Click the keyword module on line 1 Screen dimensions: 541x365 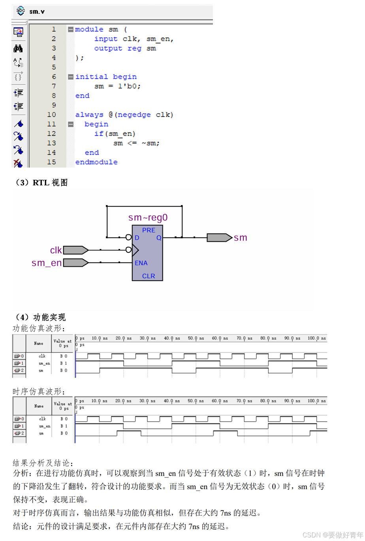click(x=89, y=29)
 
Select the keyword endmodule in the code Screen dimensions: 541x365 click(x=96, y=162)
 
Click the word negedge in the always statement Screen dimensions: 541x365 click(x=134, y=115)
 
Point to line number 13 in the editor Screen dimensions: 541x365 click(x=52, y=143)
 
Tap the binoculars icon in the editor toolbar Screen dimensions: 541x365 click(x=18, y=49)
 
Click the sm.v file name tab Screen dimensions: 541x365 click(x=37, y=11)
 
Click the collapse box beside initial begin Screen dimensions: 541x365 click(x=71, y=77)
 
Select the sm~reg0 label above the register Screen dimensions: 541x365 click(x=148, y=217)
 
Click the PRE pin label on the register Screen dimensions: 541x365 click(x=149, y=230)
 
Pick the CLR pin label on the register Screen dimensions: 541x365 click(x=149, y=276)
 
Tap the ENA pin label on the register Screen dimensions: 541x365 click(x=141, y=263)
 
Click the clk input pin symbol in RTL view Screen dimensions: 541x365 click(x=75, y=250)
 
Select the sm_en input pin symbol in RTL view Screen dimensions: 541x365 click(x=75, y=263)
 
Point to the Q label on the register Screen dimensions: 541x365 click(x=159, y=238)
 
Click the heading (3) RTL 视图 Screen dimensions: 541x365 click(x=41, y=183)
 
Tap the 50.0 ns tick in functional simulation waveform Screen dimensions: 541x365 click(x=196, y=338)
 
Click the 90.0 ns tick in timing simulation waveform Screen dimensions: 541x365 click(x=292, y=401)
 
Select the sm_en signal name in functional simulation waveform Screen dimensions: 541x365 click(x=44, y=363)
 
